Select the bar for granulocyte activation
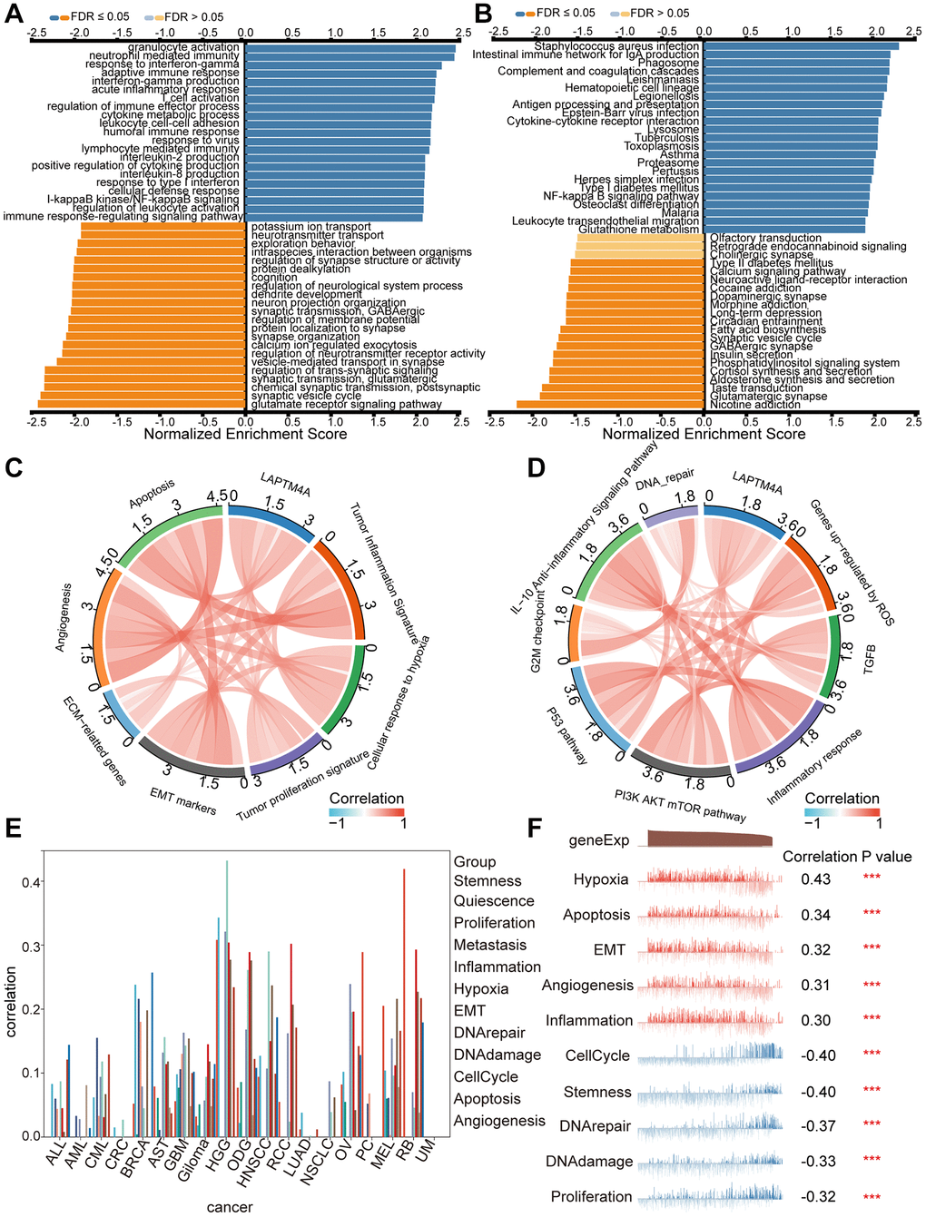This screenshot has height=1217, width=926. pos(350,47)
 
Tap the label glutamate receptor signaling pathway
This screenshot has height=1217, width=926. pos(347,405)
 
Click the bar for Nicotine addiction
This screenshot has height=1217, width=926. pos(610,405)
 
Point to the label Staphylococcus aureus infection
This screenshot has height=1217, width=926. pos(616,46)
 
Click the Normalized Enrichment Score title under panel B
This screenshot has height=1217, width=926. pos(704,434)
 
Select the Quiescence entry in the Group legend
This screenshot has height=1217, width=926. pos(494,901)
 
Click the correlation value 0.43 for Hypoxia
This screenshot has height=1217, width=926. pos(815,879)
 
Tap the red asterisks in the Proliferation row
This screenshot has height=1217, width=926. pos(872,1197)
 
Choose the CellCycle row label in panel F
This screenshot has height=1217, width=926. pos(596,1055)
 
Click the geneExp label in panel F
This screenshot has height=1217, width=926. pos(598,840)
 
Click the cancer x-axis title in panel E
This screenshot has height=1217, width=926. pos(230,1206)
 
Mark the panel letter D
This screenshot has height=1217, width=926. pos(536,467)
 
